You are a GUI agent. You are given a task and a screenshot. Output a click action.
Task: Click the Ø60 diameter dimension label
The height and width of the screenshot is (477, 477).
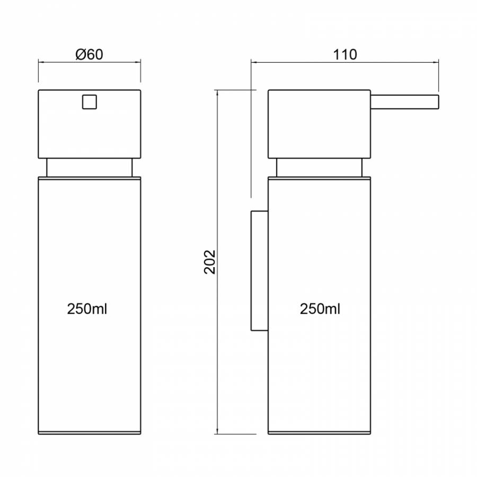pyautogui.click(x=89, y=55)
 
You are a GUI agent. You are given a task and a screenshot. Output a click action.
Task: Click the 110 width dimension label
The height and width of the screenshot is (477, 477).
pyautogui.click(x=345, y=55)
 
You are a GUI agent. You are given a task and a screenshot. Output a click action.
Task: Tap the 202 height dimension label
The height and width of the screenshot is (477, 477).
pyautogui.click(x=209, y=262)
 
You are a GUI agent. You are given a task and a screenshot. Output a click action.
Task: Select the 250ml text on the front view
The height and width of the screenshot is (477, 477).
pyautogui.click(x=87, y=309)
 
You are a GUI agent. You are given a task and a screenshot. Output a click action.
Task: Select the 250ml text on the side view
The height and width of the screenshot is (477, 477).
pyautogui.click(x=320, y=309)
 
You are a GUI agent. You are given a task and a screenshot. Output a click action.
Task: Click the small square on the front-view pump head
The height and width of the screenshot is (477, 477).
pyautogui.click(x=90, y=102)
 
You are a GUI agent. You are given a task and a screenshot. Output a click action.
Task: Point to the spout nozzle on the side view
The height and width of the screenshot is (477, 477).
pyautogui.click(x=404, y=102)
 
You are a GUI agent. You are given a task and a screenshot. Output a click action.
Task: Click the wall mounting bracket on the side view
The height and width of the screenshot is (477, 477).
pyautogui.click(x=260, y=270)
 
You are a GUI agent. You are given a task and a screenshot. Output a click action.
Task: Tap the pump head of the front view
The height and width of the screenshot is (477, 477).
pyautogui.click(x=90, y=124)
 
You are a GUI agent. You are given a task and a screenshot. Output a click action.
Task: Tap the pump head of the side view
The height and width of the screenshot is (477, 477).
pyautogui.click(x=320, y=124)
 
